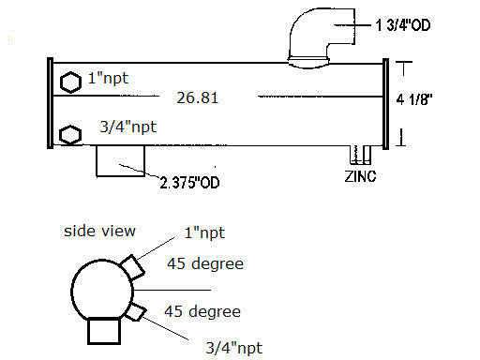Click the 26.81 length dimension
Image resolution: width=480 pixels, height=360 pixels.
(197, 97)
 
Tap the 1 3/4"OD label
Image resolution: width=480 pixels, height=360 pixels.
(403, 25)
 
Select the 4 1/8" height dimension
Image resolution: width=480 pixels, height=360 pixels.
(414, 99)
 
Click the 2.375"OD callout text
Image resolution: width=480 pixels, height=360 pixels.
(189, 183)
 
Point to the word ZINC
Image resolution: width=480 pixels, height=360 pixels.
(360, 176)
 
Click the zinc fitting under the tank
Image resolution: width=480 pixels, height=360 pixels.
(360, 155)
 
